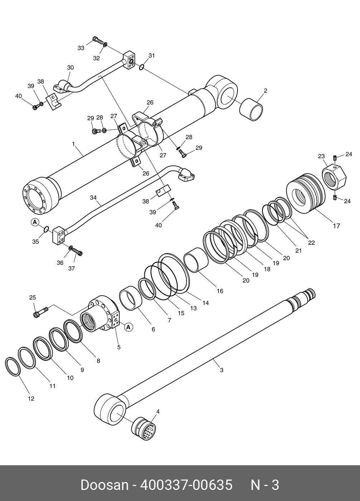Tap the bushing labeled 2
pos(251,109)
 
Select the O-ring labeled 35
pos(46,229)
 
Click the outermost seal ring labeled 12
pos(13,366)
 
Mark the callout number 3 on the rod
pos(221,370)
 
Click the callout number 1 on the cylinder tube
pos(73,144)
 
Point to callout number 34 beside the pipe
pos(93,198)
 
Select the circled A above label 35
pos(35,222)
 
